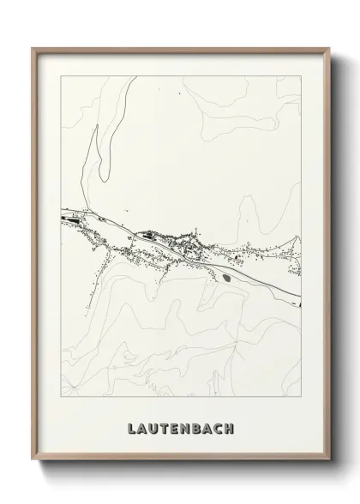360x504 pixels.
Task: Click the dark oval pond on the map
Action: tap(226, 276)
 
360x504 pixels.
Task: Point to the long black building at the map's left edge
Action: tap(72, 219)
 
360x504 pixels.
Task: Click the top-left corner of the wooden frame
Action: tap(33, 48)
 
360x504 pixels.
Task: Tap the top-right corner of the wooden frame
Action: tap(328, 48)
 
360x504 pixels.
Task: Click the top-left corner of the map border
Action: tap(60, 76)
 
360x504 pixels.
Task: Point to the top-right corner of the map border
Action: tap(302, 76)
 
